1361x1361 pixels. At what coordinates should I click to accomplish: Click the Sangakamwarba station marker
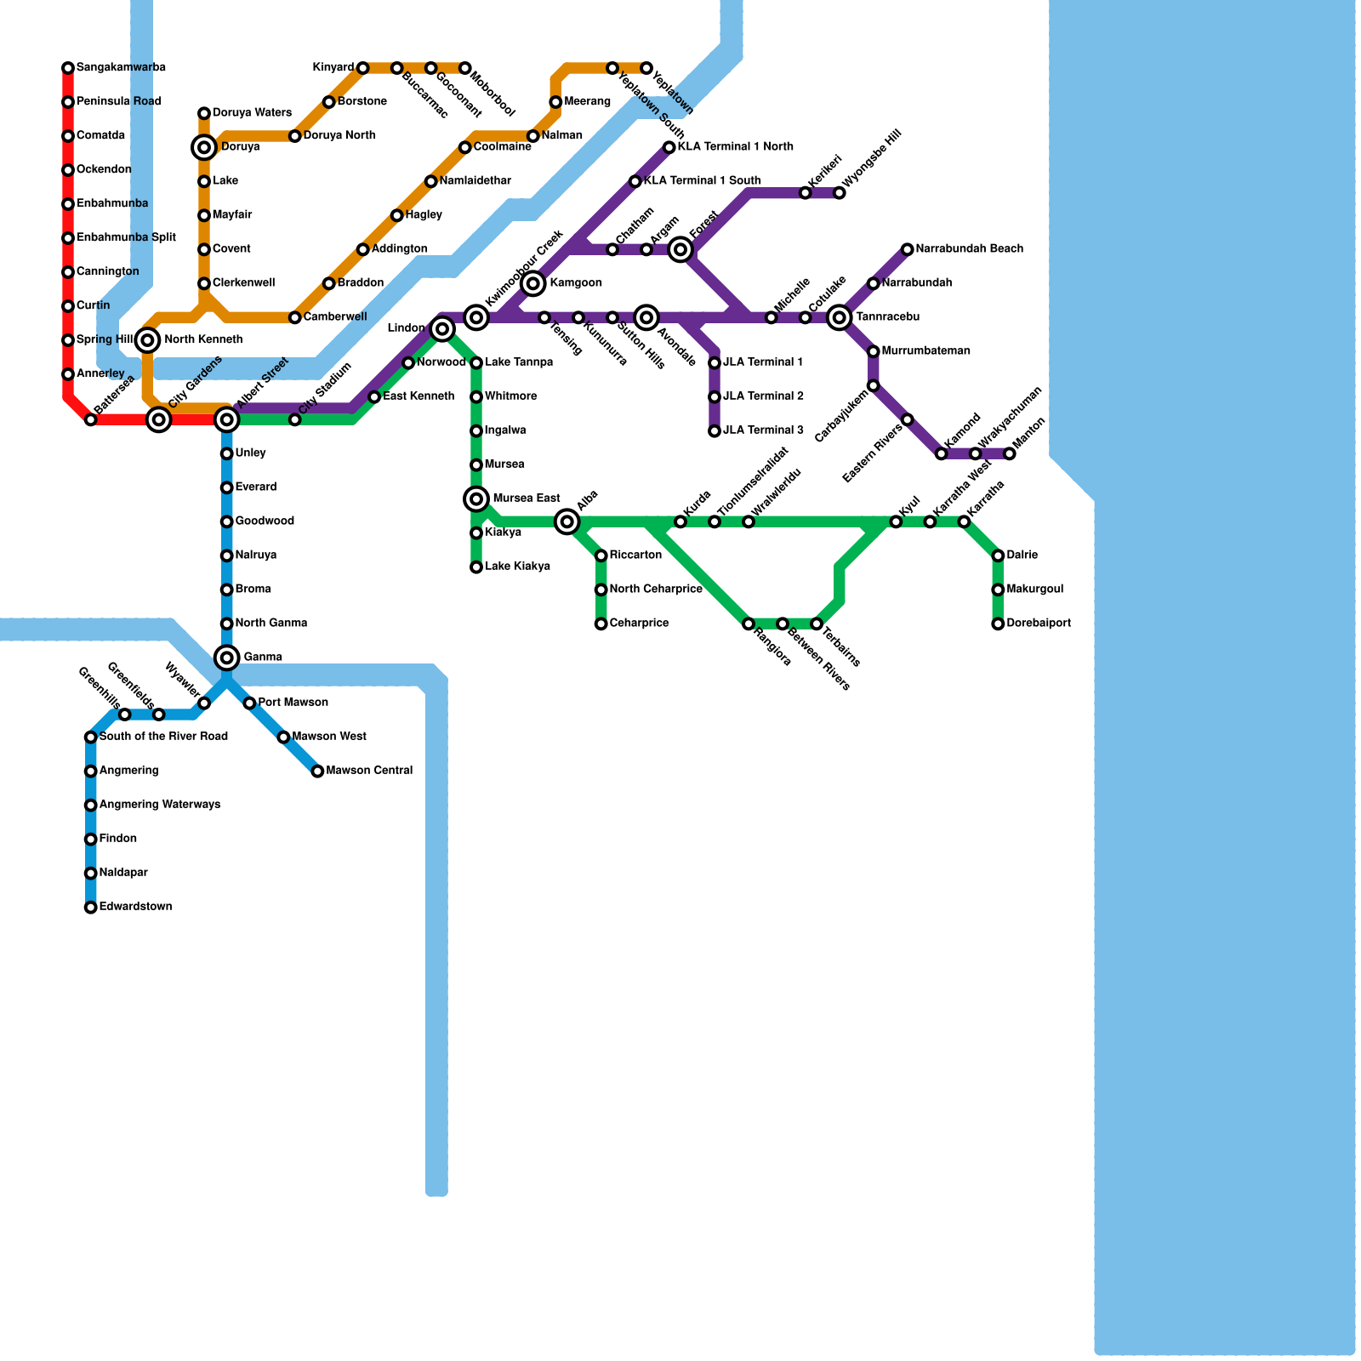point(68,68)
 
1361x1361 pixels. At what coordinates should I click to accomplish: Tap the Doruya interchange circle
point(204,148)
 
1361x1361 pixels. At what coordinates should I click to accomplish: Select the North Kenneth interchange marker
point(148,340)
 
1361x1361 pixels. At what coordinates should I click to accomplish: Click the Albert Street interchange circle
point(226,419)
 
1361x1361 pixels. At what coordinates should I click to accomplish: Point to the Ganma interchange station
point(226,657)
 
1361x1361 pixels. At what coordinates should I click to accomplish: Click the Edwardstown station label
point(135,907)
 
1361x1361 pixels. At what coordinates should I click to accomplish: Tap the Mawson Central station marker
point(317,772)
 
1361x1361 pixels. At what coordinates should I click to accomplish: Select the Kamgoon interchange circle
point(533,283)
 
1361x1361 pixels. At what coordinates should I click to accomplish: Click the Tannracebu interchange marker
point(840,317)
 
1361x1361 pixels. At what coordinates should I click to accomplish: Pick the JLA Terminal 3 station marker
point(715,431)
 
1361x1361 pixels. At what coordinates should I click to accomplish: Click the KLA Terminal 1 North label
point(736,147)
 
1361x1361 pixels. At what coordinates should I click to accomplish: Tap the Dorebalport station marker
point(998,624)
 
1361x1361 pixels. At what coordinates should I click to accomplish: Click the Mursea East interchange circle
point(476,498)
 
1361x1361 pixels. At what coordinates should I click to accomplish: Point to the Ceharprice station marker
point(601,624)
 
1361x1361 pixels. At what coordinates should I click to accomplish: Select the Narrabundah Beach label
point(969,249)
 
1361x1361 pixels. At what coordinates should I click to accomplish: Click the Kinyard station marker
point(363,68)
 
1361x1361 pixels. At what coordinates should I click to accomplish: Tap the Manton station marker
point(1009,454)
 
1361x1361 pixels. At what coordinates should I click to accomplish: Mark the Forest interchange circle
point(680,249)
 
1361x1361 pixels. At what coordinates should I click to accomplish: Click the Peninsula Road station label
point(118,102)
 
